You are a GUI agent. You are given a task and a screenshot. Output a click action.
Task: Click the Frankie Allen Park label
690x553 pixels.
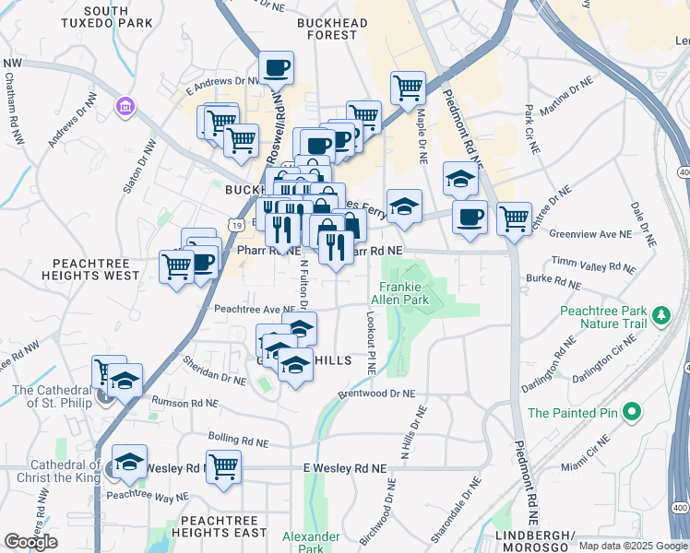[400, 292]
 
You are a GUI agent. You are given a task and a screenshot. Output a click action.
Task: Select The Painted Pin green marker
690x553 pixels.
[631, 412]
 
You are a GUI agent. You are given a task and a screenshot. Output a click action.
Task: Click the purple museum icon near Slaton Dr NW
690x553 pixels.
[124, 108]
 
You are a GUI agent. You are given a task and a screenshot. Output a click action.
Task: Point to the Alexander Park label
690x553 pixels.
[305, 542]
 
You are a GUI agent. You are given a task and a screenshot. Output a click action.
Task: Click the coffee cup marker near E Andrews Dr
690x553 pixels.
[276, 67]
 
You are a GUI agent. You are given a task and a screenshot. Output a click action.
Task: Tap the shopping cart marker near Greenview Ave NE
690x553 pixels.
[514, 218]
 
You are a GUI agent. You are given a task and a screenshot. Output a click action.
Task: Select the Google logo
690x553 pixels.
[30, 541]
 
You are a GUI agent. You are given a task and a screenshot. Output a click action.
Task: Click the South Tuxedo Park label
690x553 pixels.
[117, 17]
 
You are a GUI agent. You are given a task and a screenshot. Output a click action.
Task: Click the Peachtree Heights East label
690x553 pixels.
[219, 527]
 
